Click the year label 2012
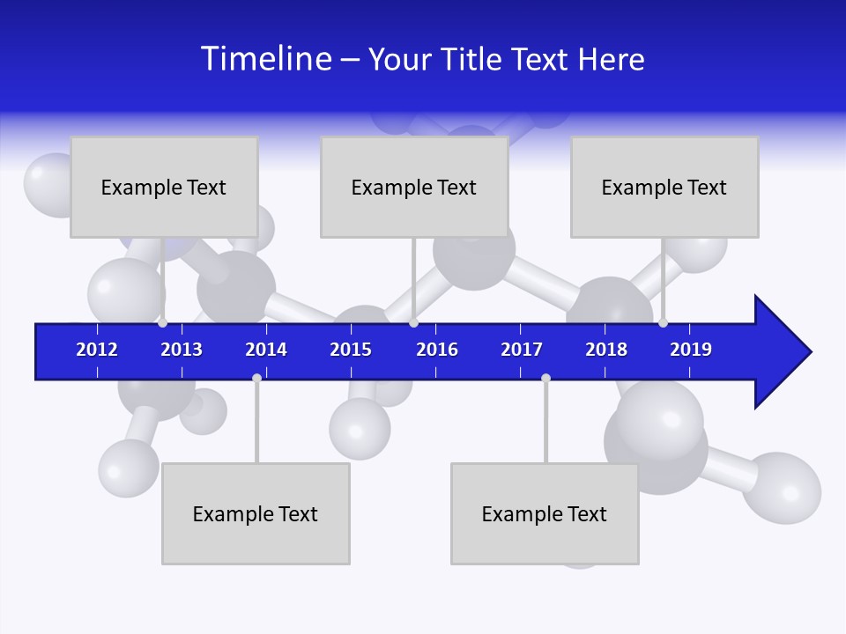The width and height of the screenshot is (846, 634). point(97,350)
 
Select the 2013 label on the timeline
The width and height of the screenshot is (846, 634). point(182,350)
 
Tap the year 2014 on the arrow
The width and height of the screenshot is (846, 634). point(266,350)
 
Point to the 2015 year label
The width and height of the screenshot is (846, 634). point(351,350)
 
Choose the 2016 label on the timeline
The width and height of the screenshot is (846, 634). point(437,350)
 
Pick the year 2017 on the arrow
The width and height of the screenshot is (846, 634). point(522,350)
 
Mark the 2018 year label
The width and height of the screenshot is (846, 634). point(606,350)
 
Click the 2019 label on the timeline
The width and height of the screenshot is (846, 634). point(691,350)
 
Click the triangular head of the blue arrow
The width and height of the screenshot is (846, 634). point(780,352)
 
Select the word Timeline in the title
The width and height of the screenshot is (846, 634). point(266,59)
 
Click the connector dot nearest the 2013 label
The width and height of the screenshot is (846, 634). point(162,323)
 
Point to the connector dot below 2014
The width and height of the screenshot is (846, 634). point(256,378)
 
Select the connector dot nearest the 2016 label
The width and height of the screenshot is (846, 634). point(413,323)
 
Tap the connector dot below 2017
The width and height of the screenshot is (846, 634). point(545,378)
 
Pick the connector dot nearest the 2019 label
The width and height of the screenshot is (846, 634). point(663,323)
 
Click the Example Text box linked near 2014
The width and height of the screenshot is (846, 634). point(256,513)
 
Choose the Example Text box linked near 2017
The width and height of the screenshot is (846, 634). point(545,513)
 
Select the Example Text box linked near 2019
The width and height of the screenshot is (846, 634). point(664,187)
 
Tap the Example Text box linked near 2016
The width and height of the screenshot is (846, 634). point(414,187)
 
